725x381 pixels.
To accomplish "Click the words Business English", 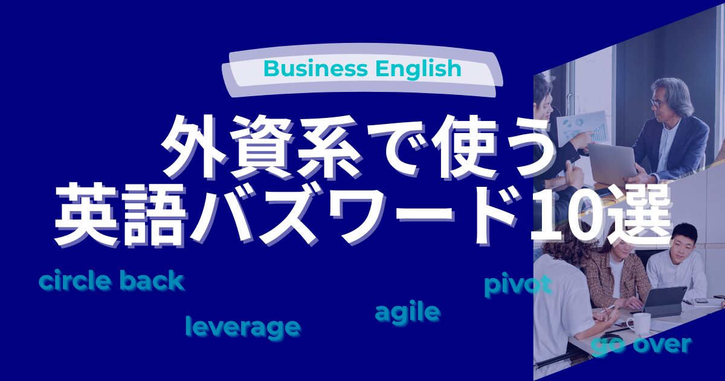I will point(362,69).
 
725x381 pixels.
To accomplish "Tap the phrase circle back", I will point(111,281).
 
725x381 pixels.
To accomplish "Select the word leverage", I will point(243,327).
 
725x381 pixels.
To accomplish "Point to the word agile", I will point(407,313).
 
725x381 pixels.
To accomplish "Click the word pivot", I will point(518,285).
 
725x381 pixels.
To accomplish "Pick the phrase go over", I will point(640,345).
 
